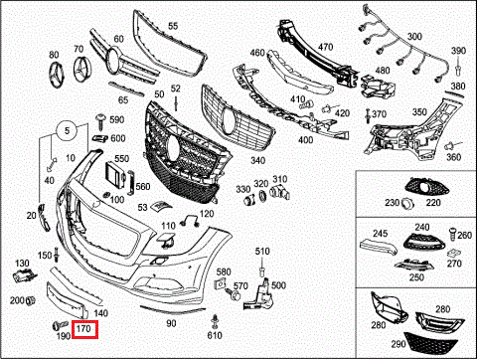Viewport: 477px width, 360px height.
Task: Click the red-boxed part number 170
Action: pyautogui.click(x=83, y=328)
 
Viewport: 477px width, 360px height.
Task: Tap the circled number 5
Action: pyautogui.click(x=67, y=131)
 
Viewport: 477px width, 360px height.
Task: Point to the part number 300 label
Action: pyautogui.click(x=414, y=36)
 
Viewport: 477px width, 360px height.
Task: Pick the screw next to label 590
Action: pyautogui.click(x=100, y=121)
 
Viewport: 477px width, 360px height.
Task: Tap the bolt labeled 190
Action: pyautogui.click(x=60, y=325)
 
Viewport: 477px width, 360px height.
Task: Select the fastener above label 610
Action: pyautogui.click(x=215, y=321)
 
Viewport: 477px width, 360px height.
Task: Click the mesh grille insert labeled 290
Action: pyautogui.click(x=430, y=343)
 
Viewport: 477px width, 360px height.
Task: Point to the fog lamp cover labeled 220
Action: pyautogui.click(x=426, y=188)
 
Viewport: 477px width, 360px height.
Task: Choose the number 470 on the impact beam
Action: pyautogui.click(x=325, y=47)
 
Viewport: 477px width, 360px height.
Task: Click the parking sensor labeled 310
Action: pyautogui.click(x=280, y=193)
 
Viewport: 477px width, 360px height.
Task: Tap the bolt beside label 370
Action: pyautogui.click(x=368, y=115)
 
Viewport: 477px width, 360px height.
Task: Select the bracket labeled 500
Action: pyautogui.click(x=261, y=294)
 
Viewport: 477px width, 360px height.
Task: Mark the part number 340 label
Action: pyautogui.click(x=257, y=161)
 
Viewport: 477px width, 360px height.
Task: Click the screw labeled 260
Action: pyautogui.click(x=452, y=234)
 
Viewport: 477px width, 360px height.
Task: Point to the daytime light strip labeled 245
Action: pyautogui.click(x=379, y=247)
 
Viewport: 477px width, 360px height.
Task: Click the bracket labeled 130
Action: pyautogui.click(x=24, y=275)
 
